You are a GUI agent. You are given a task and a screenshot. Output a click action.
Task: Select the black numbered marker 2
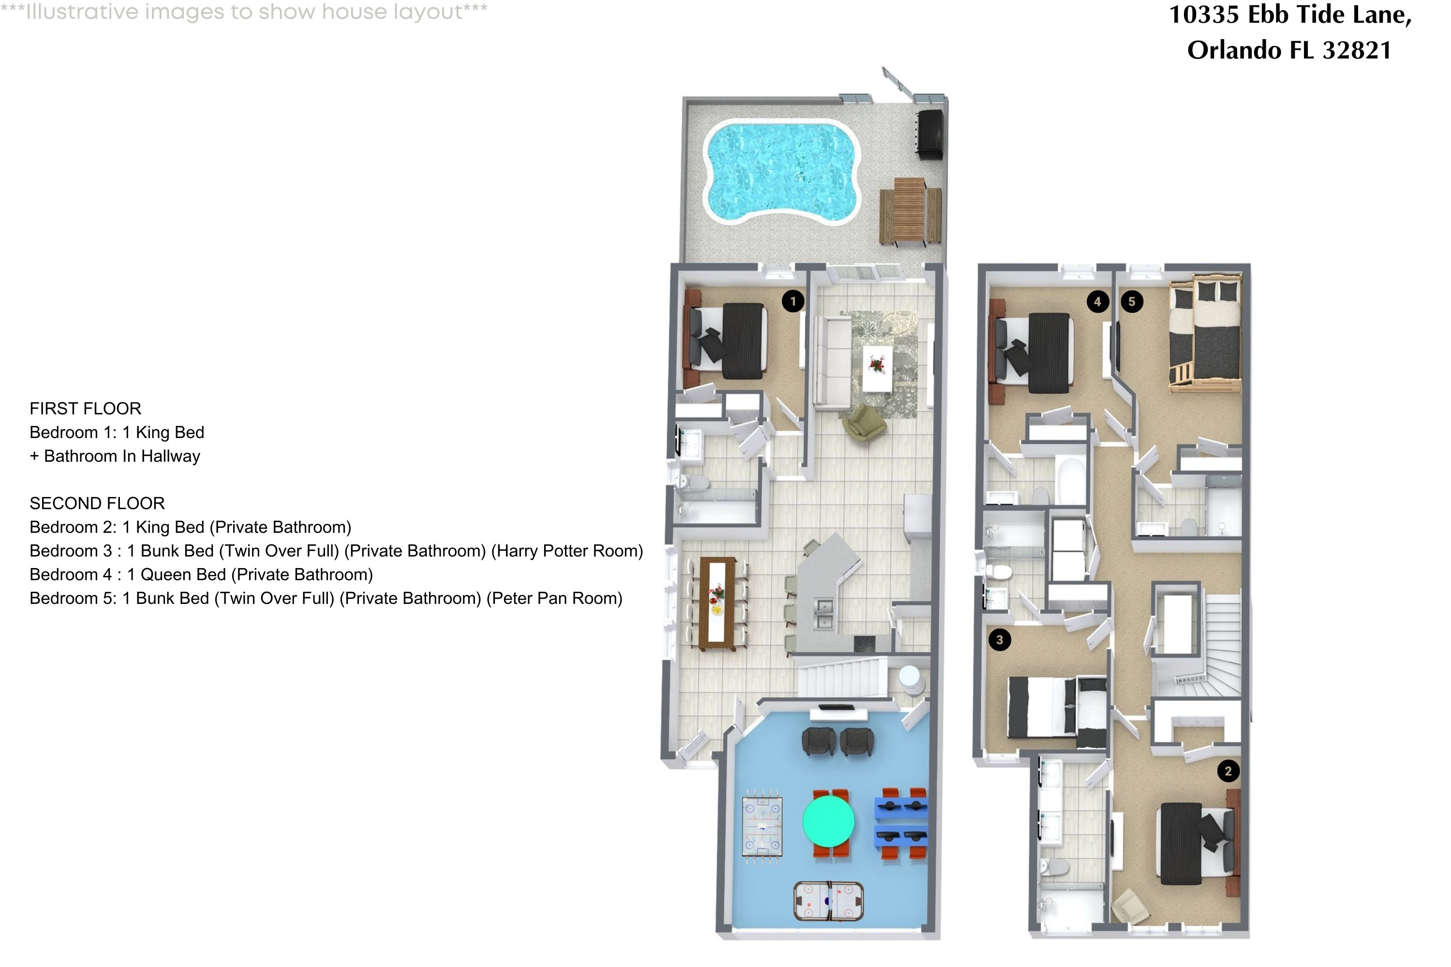[1228, 771]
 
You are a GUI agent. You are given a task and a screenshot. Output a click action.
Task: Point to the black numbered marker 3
[999, 640]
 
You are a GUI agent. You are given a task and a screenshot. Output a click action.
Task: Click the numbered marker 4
[1097, 302]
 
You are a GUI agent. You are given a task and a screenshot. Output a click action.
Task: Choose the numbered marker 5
[1131, 302]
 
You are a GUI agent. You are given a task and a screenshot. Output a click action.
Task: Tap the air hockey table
[828, 902]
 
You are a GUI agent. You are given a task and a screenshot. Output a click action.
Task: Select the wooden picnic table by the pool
[910, 212]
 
